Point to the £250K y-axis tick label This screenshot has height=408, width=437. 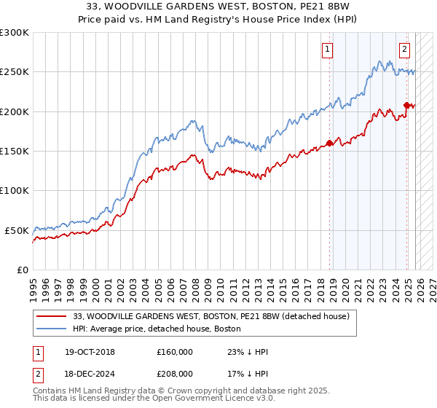coord(15,72)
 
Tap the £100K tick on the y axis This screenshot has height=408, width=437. coord(15,190)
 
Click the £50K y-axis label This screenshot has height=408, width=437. coord(17,230)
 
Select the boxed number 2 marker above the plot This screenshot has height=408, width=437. coord(404,50)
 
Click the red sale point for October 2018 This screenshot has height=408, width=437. coord(329,143)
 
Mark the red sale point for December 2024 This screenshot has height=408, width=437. coord(406,105)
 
